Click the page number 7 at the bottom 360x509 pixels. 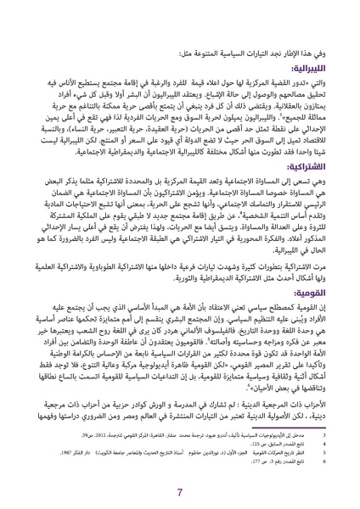[x=180, y=492]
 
